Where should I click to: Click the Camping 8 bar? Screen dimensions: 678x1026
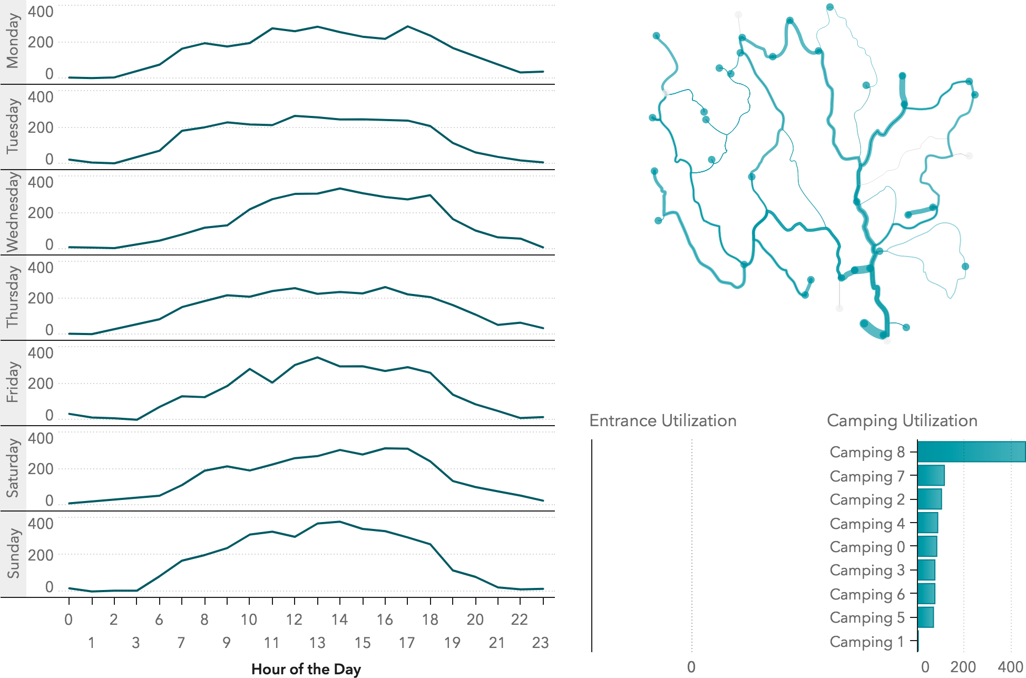[x=971, y=452]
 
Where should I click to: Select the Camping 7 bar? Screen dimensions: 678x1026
[x=931, y=476]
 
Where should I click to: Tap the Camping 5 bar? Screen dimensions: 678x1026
[x=925, y=617]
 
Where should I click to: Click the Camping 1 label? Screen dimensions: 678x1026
[x=867, y=642]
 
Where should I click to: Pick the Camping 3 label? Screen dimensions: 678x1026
[x=867, y=571]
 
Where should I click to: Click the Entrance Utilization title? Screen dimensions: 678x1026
[x=663, y=420]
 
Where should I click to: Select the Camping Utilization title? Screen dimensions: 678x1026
[x=902, y=420]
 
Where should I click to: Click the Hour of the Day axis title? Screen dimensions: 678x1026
[x=306, y=669]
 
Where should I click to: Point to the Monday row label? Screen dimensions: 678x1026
[x=13, y=42]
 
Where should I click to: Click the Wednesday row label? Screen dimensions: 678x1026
[x=13, y=212]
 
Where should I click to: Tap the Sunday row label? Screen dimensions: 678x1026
[x=13, y=554]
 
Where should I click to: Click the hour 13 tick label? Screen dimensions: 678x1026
[x=317, y=643]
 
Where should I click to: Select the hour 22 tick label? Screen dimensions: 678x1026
[x=520, y=620]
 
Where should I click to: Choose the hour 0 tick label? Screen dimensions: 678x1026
[x=69, y=620]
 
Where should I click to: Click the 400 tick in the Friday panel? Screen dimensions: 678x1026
[x=41, y=353]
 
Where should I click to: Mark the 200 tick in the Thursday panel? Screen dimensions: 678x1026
[x=41, y=298]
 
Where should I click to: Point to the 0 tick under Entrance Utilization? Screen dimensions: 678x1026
[x=691, y=667]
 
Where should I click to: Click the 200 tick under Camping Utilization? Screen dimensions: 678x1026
[x=963, y=667]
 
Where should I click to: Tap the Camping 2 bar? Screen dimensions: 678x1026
[x=929, y=499]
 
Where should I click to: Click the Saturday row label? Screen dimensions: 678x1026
[x=13, y=468]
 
